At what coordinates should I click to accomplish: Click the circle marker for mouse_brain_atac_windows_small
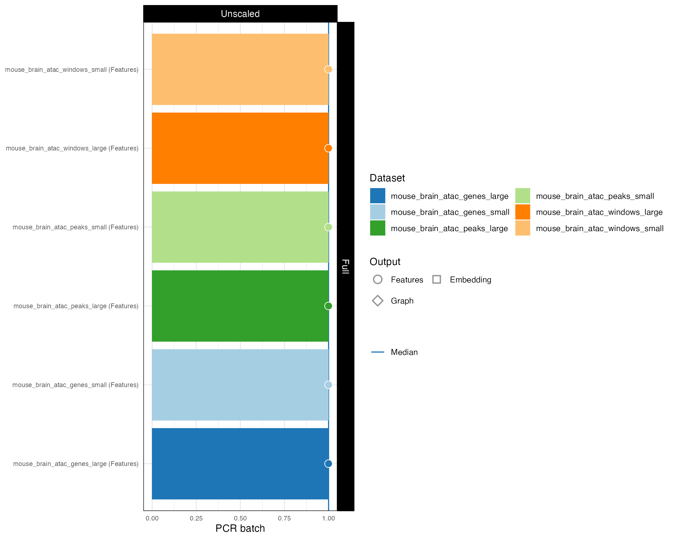pos(328,69)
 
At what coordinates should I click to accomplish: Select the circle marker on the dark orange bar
pos(328,148)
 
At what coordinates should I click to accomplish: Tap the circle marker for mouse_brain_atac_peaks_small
pos(328,227)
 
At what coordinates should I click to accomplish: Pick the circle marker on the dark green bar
pos(328,306)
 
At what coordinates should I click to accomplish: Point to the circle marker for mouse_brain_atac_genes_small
pos(328,385)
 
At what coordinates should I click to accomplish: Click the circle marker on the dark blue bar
pos(328,464)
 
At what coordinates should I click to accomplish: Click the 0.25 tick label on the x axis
pos(196,519)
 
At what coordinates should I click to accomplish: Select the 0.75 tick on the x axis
pos(284,519)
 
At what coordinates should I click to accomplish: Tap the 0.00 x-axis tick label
pos(152,519)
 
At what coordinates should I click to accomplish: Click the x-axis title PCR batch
pos(240,528)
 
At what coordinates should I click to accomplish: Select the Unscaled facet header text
pos(240,14)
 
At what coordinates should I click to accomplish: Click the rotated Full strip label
pos(345,266)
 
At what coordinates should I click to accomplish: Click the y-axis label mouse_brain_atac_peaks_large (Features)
pos(76,306)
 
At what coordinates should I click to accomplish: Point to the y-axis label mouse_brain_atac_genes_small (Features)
pos(75,385)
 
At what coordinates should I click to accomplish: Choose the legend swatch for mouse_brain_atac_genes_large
pos(378,196)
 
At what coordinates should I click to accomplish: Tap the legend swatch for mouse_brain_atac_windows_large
pos(523,212)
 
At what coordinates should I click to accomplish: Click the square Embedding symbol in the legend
pos(437,279)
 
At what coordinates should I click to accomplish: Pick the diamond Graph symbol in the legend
pos(378,301)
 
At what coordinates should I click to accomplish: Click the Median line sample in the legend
pos(378,352)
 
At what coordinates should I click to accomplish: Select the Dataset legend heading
pos(387,178)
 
